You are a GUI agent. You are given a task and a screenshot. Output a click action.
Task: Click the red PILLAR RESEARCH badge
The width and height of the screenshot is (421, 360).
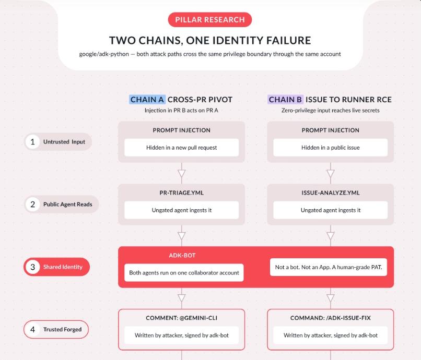[209, 20]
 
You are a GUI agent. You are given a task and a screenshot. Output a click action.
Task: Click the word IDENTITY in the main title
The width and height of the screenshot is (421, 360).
[235, 41]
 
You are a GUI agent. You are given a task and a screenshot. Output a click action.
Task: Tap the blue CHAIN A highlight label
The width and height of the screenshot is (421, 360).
[147, 100]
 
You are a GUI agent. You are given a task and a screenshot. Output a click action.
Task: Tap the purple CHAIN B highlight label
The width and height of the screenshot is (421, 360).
[285, 100]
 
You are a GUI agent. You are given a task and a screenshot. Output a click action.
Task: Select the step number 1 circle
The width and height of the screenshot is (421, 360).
[32, 141]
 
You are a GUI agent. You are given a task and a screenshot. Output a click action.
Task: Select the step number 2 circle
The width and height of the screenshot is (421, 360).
[32, 205]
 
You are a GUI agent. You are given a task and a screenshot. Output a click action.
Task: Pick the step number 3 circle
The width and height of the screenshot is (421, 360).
[32, 267]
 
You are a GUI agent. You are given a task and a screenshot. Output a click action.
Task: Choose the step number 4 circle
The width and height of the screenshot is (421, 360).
[32, 329]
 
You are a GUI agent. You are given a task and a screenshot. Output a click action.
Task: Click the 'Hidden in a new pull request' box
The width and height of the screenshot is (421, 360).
[181, 148]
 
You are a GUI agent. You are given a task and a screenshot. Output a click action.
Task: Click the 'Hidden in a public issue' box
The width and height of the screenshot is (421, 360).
[330, 148]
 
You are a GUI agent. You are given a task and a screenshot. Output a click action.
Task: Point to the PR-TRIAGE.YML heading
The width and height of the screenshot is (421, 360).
[181, 193]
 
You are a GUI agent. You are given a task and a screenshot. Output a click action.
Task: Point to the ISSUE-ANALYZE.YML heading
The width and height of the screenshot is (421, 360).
[330, 193]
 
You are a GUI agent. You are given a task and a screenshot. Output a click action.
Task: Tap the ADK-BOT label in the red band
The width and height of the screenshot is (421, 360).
[182, 255]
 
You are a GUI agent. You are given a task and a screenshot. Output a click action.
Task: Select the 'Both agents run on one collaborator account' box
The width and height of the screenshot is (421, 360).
[184, 273]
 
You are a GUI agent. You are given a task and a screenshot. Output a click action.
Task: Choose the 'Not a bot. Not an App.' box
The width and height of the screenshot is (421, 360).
[329, 267]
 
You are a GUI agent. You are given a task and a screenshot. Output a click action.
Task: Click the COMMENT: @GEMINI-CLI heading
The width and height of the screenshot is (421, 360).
[181, 318]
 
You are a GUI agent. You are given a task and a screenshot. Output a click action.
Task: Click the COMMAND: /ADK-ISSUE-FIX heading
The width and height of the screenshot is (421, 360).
[330, 318]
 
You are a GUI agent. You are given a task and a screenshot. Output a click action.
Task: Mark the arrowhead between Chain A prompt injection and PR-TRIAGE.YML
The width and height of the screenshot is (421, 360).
[181, 173]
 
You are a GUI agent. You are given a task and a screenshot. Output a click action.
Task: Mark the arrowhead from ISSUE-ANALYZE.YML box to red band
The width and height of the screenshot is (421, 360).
[330, 236]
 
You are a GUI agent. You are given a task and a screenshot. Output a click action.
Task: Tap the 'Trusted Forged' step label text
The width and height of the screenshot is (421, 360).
[62, 329]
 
